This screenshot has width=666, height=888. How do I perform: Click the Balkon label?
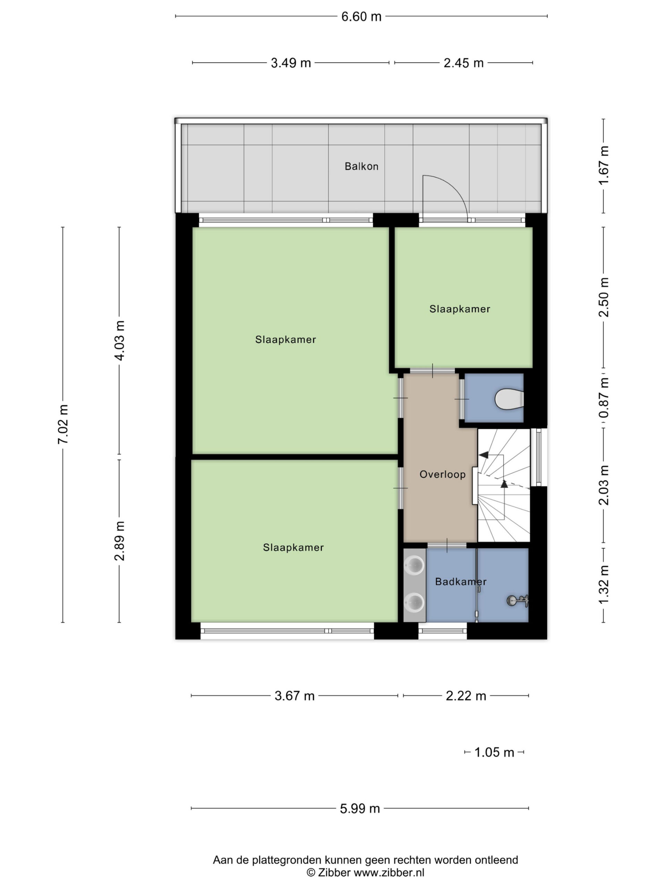pos(361,166)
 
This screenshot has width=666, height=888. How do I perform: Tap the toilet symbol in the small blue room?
pos(509,399)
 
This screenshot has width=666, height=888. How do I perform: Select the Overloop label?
pos(442,474)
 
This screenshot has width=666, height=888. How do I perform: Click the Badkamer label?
pos(460,581)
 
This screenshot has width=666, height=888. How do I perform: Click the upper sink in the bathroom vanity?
pos(414,566)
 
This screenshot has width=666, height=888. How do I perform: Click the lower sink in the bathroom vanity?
pos(414,602)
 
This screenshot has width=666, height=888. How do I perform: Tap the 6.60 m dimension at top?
pos(361,16)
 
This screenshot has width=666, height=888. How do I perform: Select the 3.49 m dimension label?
pos(291,63)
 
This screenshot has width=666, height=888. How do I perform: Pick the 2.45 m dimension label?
pos(463,63)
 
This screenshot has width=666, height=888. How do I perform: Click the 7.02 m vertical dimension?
pos(63,424)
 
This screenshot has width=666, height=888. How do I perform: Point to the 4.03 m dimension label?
pos(119,340)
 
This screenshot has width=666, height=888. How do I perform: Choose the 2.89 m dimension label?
pos(119,541)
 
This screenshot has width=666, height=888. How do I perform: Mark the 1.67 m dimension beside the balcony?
pos(603,165)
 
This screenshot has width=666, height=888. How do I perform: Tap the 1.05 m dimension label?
pos(494,752)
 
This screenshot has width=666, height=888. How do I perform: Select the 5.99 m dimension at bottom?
pos(360,808)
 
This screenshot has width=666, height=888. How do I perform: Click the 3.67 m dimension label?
pos(294,696)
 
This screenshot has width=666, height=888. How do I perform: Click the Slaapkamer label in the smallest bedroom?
pos(460,309)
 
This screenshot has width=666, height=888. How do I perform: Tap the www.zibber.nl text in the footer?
pos(388,872)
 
